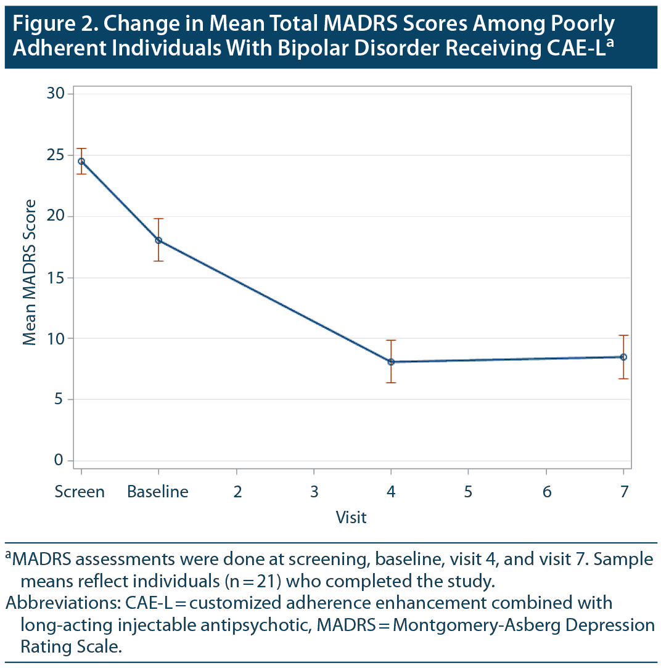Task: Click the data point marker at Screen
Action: coord(81,161)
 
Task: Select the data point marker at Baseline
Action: coord(158,240)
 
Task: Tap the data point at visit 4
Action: coord(391,362)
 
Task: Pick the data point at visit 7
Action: coord(623,357)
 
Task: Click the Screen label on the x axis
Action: coord(80,492)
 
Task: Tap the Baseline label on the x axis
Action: coord(158,492)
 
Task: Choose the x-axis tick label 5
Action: coord(469,492)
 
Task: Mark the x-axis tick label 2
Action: coord(237,492)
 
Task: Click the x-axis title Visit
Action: coord(351,517)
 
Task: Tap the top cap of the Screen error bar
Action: coord(81,149)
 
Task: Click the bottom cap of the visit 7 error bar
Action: coord(623,378)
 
